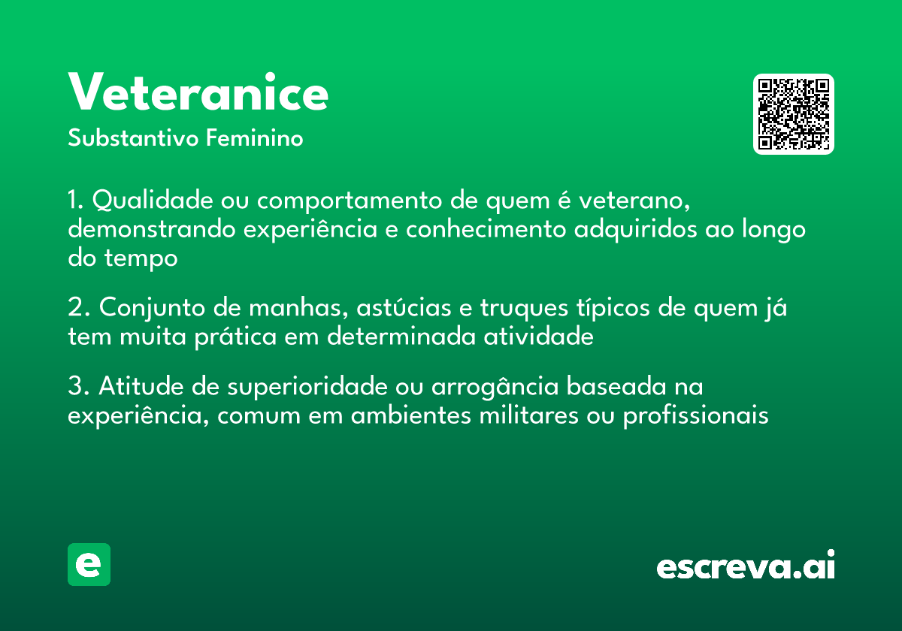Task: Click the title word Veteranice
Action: click(198, 93)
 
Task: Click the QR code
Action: click(794, 114)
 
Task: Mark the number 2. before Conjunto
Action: click(78, 309)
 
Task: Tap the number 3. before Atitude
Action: click(78, 387)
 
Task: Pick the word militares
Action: click(528, 415)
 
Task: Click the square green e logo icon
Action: click(89, 565)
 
